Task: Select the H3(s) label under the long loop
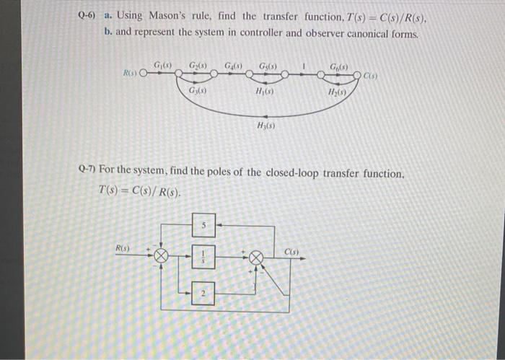point(265,126)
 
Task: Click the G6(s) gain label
point(338,67)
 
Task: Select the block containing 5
point(204,224)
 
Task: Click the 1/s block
point(204,255)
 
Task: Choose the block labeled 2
point(204,293)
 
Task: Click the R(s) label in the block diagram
point(123,248)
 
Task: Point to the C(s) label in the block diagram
point(291,251)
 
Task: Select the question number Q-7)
point(87,174)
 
